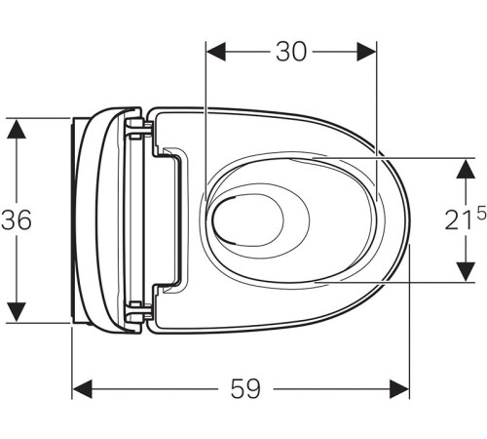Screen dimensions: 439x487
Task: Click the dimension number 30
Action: coord(291,51)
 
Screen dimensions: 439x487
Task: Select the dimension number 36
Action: coord(17,220)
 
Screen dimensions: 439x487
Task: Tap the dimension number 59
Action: coord(246,388)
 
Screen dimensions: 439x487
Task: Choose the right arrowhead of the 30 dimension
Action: coord(367,51)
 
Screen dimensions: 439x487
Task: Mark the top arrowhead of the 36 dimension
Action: coord(16,128)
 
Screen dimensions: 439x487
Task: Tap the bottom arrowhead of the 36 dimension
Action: coord(16,312)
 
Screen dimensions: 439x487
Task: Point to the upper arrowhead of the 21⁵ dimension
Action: coord(463,167)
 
